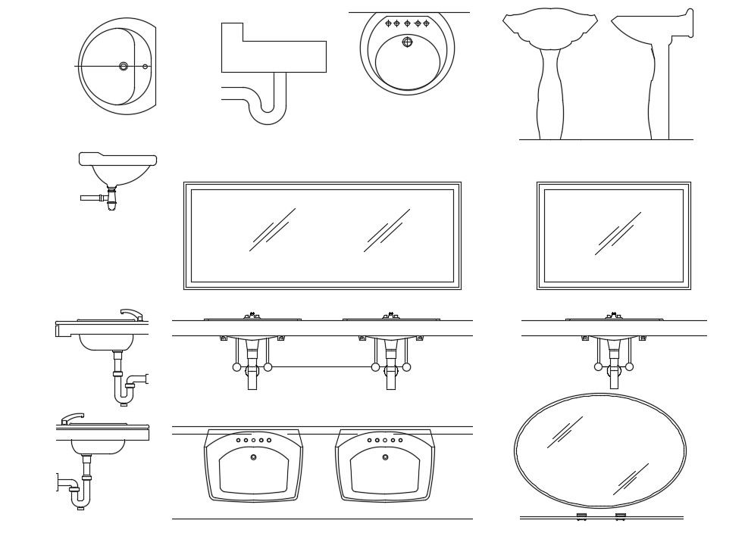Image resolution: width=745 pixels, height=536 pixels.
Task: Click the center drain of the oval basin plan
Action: click(x=124, y=67)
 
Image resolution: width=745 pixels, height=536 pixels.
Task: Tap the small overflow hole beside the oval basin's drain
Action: click(x=146, y=67)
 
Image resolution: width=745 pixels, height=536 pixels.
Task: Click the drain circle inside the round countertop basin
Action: click(x=407, y=42)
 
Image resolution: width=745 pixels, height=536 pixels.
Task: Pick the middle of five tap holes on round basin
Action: click(x=407, y=23)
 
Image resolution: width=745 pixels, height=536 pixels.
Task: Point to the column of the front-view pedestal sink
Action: click(x=550, y=95)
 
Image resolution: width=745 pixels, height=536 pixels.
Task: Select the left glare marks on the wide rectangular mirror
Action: click(x=272, y=229)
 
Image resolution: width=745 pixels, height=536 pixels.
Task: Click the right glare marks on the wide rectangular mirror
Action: click(x=387, y=230)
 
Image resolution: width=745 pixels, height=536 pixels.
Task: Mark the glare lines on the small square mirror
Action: click(x=617, y=233)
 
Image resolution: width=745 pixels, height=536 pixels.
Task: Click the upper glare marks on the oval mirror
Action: click(x=565, y=432)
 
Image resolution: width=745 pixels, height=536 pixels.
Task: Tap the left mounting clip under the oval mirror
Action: click(x=581, y=516)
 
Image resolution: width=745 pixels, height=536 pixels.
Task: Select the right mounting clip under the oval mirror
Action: click(x=621, y=516)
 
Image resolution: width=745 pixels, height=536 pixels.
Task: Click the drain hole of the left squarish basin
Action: click(x=253, y=457)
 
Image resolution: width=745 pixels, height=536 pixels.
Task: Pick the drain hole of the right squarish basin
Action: click(x=385, y=457)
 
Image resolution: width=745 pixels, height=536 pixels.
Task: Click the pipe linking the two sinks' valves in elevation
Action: click(x=321, y=367)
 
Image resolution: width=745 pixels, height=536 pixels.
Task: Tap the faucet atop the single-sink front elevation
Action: click(x=613, y=315)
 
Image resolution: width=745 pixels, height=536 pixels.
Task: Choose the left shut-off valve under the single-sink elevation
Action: click(x=598, y=367)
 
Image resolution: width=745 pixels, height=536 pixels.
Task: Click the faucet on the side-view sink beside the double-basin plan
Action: click(x=73, y=418)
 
